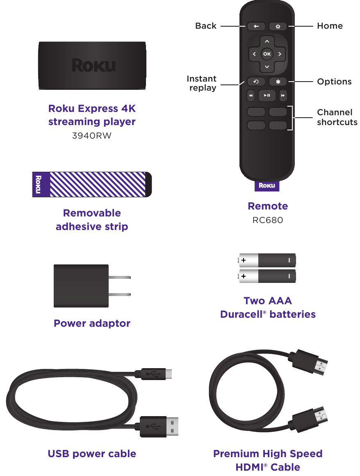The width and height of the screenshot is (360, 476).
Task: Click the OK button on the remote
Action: [267, 54]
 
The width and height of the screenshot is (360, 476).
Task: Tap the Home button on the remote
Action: [278, 27]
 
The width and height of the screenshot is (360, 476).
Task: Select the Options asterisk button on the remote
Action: [278, 82]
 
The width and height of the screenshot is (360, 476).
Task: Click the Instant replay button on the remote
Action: [256, 82]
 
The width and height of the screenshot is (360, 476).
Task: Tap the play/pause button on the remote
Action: [267, 96]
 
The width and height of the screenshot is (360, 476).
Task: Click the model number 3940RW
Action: [92, 136]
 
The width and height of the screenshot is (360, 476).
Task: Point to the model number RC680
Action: [267, 220]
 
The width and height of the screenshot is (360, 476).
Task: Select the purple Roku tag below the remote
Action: [267, 186]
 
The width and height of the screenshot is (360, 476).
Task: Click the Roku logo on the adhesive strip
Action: [39, 184]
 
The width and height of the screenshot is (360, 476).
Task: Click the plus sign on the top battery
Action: [244, 260]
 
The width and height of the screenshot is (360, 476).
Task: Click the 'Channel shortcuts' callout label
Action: [337, 117]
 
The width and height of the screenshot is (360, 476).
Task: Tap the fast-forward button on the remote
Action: [283, 96]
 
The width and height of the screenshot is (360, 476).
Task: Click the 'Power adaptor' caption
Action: [92, 323]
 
